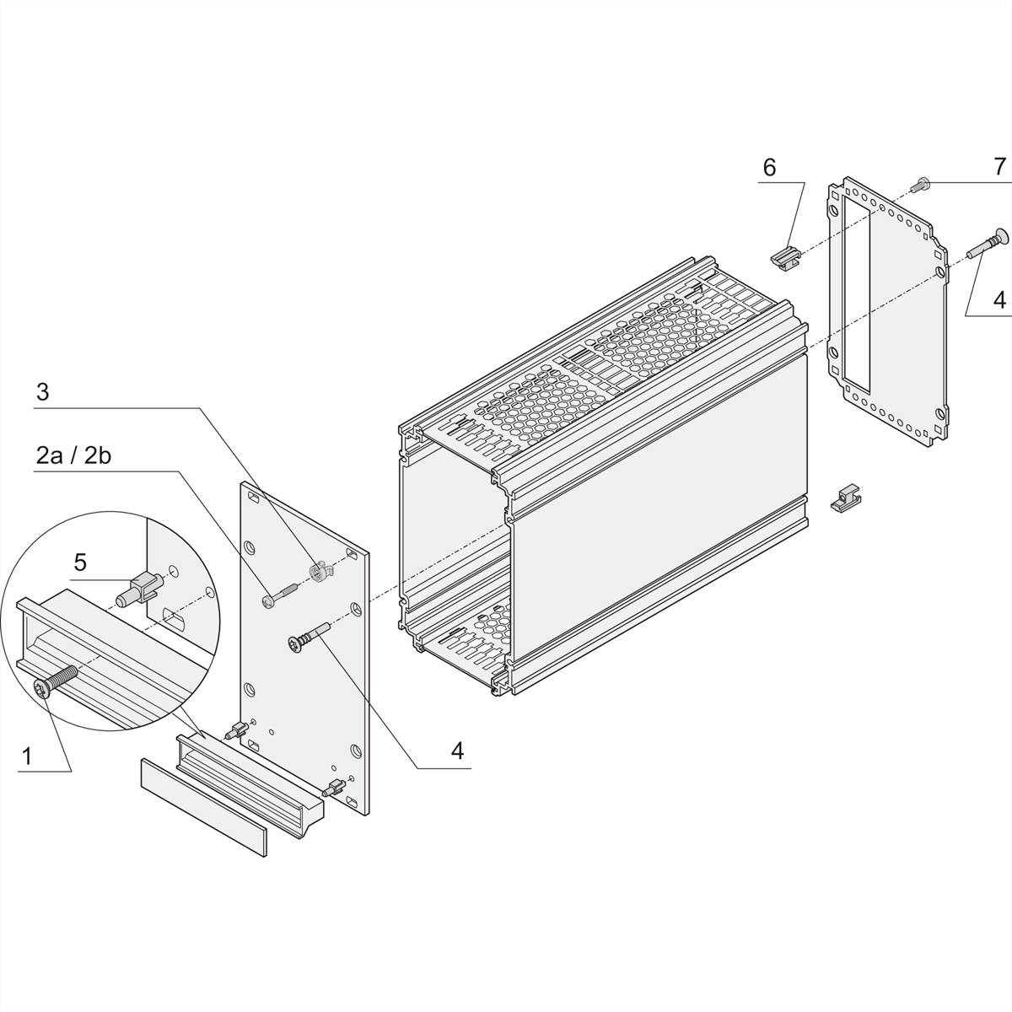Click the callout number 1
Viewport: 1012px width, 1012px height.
(x=26, y=756)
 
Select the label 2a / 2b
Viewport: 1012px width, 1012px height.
(x=74, y=455)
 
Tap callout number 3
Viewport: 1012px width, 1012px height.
(x=43, y=392)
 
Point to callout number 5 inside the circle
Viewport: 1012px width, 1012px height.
(x=80, y=561)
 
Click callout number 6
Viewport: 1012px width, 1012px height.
(x=769, y=167)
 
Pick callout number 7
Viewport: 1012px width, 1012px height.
(x=999, y=167)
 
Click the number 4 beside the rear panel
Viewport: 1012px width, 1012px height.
(x=999, y=299)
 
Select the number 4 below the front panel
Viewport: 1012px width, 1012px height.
(x=457, y=751)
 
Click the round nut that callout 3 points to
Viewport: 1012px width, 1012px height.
(x=318, y=571)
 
